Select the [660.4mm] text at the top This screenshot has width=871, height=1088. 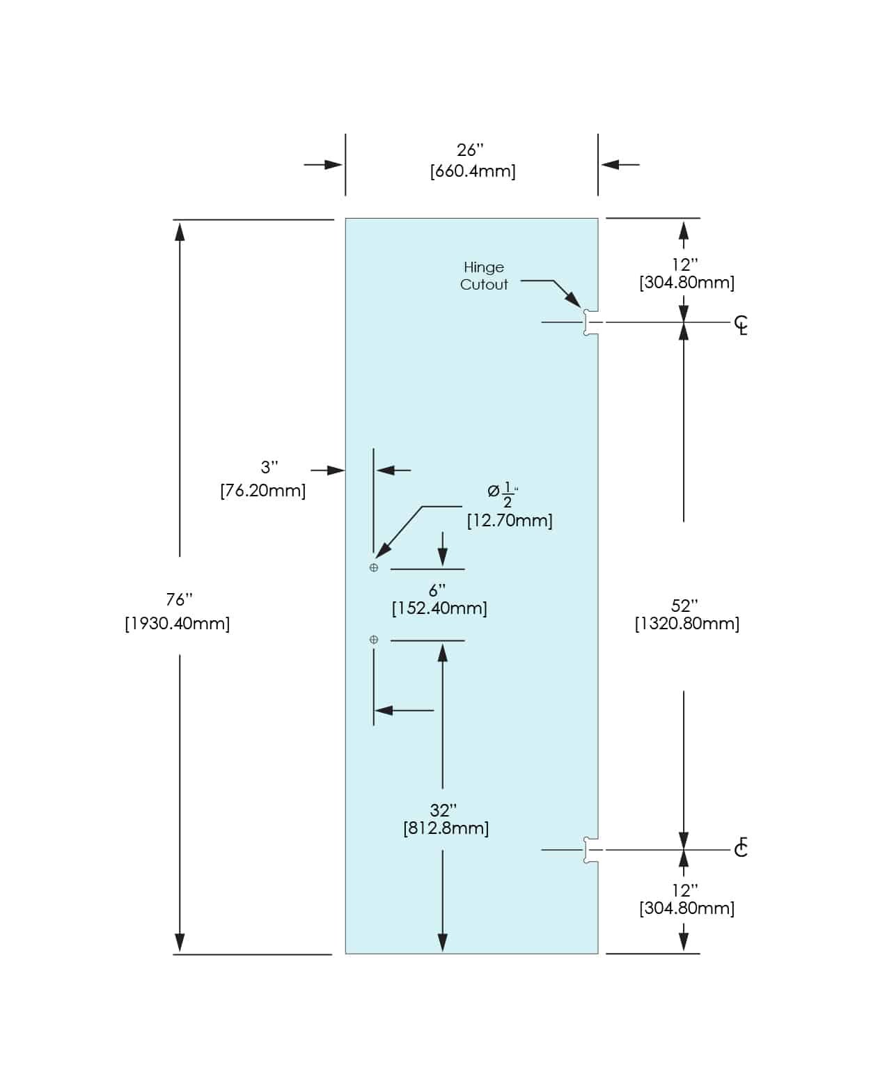(x=473, y=171)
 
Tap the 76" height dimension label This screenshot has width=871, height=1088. (x=179, y=599)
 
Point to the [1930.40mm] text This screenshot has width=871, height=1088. (x=177, y=623)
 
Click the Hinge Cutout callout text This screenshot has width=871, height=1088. (x=484, y=276)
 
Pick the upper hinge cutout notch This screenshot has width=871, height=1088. (x=590, y=323)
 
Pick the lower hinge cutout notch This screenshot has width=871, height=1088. (x=590, y=850)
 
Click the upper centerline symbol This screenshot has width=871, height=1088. (x=741, y=324)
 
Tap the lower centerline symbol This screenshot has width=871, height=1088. (x=741, y=848)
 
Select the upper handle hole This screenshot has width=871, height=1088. (x=374, y=568)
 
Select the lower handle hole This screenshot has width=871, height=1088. (x=374, y=640)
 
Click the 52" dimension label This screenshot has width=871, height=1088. (x=684, y=606)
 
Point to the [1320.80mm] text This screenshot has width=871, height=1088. (x=686, y=624)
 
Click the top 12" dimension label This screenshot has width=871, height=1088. (x=684, y=265)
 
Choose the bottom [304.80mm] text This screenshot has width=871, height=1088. (x=686, y=908)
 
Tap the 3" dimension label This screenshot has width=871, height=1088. (x=269, y=467)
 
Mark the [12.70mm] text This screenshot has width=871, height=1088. (x=510, y=520)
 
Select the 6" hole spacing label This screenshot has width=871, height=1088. (x=437, y=590)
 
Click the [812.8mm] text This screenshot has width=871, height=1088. (x=446, y=828)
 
